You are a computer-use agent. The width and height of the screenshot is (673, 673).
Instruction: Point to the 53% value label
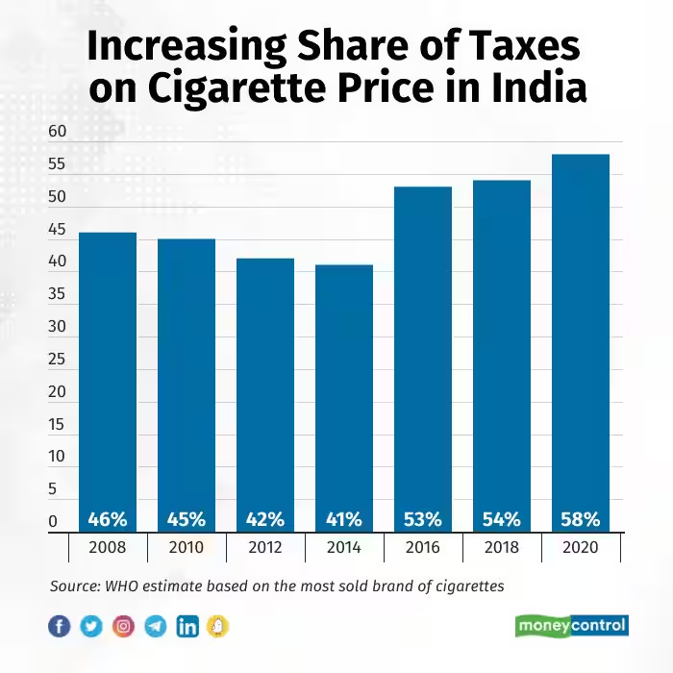422,519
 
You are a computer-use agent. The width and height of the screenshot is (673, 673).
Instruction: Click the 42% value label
264,519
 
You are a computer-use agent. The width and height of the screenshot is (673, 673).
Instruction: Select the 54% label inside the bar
501,519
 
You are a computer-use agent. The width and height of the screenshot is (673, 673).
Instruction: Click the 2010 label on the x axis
187,548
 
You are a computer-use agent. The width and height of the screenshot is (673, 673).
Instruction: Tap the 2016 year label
422,548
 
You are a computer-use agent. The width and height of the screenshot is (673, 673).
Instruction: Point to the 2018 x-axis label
501,548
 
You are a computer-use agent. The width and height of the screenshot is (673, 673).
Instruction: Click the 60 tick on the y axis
57,132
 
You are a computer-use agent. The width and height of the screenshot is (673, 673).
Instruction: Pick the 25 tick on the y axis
57,360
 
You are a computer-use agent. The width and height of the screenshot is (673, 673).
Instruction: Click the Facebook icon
60,627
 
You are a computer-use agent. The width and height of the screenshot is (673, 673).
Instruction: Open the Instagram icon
123,627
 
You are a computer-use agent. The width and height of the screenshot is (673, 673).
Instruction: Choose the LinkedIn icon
187,627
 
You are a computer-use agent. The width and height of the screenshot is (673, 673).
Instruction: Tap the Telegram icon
155,627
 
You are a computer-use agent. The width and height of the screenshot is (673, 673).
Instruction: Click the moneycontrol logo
570,626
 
